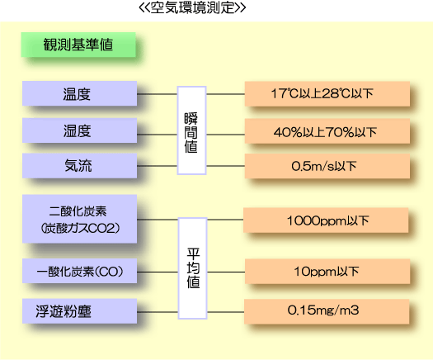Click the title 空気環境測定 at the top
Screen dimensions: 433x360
coord(192,7)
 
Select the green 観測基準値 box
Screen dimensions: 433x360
coord(78,45)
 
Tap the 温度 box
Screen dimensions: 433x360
coord(79,93)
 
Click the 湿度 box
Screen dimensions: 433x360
coord(79,130)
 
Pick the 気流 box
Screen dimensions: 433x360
coord(79,166)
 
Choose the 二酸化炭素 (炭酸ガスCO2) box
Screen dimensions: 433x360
coord(79,219)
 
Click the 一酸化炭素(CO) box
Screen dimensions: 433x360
coord(79,271)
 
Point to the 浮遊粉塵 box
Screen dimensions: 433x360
coord(79,311)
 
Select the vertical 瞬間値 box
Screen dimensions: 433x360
coord(191,130)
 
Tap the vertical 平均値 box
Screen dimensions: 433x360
coord(193,268)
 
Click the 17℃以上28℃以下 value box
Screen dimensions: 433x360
coord(327,94)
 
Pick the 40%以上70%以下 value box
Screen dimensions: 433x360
coord(327,131)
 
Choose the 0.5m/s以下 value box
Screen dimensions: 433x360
coord(327,166)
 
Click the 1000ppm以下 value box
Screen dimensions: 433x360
coord(326,220)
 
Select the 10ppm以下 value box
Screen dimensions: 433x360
coord(327,272)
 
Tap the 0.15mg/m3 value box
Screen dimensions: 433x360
coord(327,311)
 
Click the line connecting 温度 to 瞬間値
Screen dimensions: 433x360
coord(158,94)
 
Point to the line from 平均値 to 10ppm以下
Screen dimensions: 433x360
coord(226,272)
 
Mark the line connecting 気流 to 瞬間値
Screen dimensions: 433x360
coord(158,166)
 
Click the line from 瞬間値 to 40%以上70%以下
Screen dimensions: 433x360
coord(226,135)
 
